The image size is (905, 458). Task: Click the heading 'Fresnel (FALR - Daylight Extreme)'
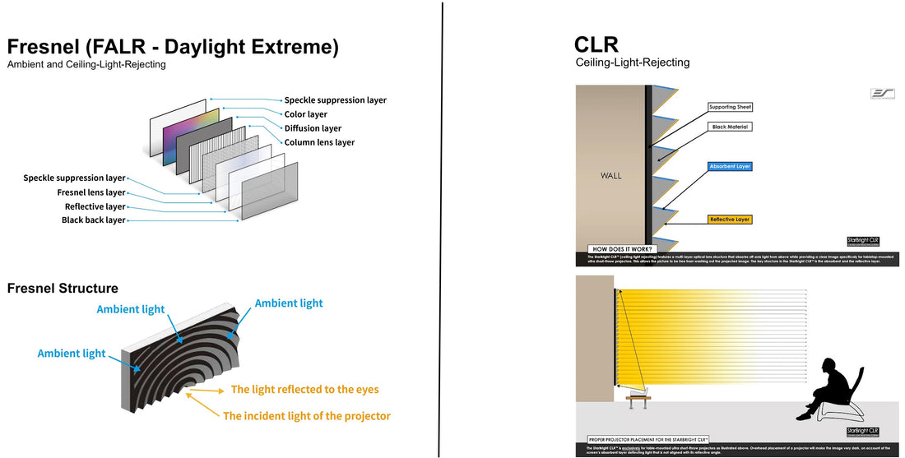(x=172, y=47)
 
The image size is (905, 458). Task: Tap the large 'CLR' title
(x=597, y=44)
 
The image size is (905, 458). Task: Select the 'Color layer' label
(x=305, y=114)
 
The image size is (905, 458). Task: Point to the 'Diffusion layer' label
(x=313, y=128)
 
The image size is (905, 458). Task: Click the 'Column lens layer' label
(x=319, y=142)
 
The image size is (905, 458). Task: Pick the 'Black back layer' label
(x=93, y=220)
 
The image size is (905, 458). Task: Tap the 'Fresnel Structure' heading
(x=63, y=288)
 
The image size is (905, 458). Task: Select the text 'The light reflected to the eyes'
(x=304, y=389)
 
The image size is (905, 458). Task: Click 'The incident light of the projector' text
(x=306, y=416)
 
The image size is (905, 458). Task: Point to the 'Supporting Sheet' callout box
(x=731, y=108)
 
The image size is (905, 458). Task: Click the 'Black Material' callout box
(x=729, y=127)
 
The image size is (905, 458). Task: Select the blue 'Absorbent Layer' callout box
(x=730, y=166)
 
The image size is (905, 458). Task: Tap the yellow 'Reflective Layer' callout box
(x=730, y=220)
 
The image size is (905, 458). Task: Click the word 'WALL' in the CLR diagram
(x=611, y=175)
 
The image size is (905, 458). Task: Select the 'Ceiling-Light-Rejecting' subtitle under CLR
(x=632, y=62)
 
